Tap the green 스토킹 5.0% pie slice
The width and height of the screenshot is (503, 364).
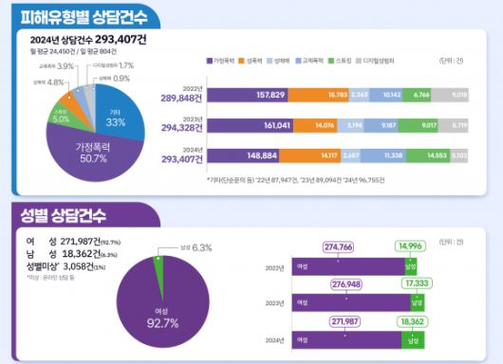[61, 118]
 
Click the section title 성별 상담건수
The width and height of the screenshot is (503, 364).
[59, 214]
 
